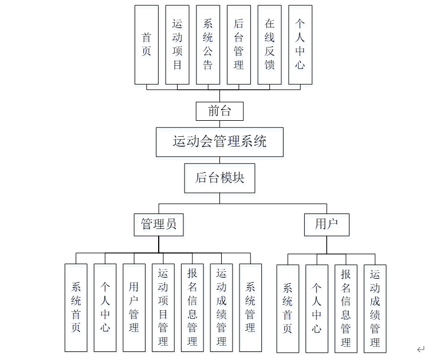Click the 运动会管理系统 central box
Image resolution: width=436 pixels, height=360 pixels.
pos(219,141)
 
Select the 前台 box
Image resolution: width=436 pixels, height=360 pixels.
pos(219,111)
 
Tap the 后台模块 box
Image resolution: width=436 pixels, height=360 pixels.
pos(219,178)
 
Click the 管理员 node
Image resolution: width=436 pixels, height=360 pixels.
pos(159,224)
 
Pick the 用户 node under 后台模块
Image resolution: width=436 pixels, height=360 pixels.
pos(327,224)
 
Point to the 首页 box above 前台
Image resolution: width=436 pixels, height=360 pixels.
pos(147,45)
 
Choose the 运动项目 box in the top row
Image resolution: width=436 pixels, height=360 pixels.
pos(178,45)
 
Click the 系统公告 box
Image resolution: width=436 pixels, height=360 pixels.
pos(208,45)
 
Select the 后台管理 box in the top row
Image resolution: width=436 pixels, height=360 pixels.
pos(239,45)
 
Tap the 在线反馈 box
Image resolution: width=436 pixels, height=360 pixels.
pos(269,45)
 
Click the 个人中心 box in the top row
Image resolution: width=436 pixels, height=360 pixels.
pos(300,45)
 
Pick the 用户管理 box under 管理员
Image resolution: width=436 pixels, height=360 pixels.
pos(134,307)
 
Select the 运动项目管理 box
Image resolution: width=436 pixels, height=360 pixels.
pos(163,307)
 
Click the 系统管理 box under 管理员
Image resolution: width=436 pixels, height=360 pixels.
pos(250,307)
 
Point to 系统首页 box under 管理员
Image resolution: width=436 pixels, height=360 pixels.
pos(76,307)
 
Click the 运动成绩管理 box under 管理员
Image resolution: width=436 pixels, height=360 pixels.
pos(221,307)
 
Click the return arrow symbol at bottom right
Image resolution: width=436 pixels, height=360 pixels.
pos(421,349)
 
